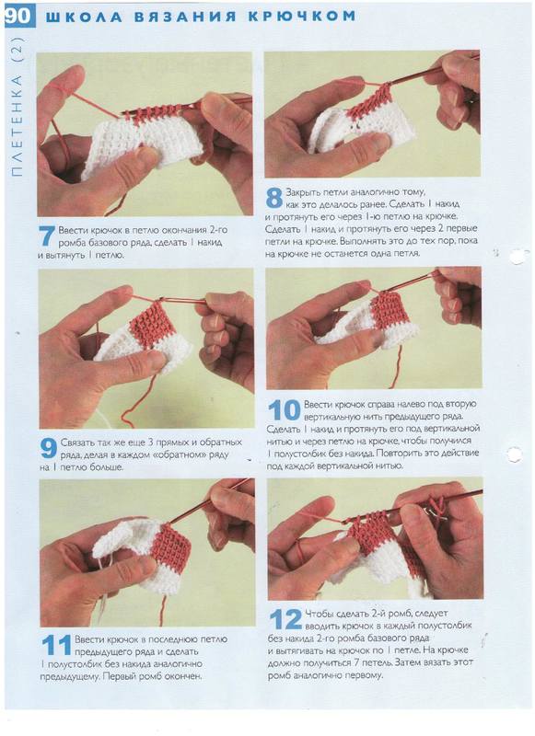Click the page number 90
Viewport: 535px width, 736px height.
pyautogui.click(x=18, y=16)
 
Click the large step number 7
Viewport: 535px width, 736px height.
pyautogui.click(x=46, y=236)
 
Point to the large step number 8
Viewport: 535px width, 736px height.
pyautogui.click(x=273, y=198)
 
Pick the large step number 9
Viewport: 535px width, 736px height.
pyautogui.click(x=49, y=448)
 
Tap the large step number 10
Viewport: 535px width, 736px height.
pyautogui.click(x=285, y=410)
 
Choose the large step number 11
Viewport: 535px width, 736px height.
pyautogui.click(x=56, y=645)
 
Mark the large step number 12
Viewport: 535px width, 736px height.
pyautogui.click(x=285, y=619)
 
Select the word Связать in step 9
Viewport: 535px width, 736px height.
pyautogui.click(x=78, y=443)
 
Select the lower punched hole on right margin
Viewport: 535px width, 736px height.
pyautogui.click(x=514, y=454)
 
